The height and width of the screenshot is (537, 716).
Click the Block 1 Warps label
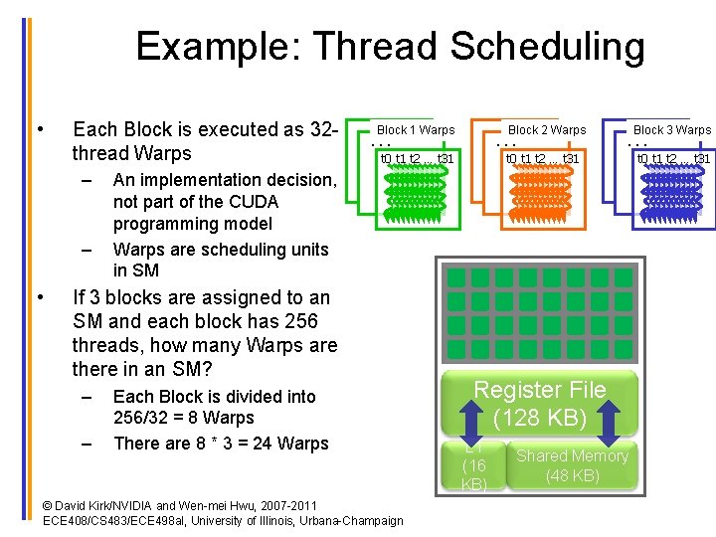point(416,130)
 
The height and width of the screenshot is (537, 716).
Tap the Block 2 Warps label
point(547,130)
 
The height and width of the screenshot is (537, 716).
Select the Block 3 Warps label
point(672,130)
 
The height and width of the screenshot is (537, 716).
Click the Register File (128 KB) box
point(539,403)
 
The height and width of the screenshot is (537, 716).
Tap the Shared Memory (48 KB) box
point(572,465)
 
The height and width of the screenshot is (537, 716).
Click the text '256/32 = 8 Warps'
point(184,419)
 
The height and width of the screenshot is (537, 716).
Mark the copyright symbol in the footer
point(49,506)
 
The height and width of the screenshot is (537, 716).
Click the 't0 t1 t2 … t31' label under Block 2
point(542,158)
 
